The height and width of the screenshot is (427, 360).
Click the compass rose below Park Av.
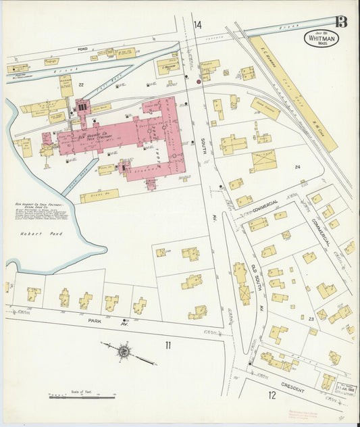[x=124, y=351]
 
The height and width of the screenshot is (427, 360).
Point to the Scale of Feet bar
[x=81, y=397]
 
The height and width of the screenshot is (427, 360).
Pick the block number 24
[x=297, y=166]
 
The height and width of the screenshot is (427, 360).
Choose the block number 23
[x=311, y=318]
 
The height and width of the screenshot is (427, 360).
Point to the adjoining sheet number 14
[x=197, y=25]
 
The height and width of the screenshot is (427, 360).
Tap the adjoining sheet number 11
[x=168, y=345]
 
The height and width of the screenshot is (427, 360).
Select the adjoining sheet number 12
[x=272, y=395]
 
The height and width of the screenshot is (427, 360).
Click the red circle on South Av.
[x=199, y=82]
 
